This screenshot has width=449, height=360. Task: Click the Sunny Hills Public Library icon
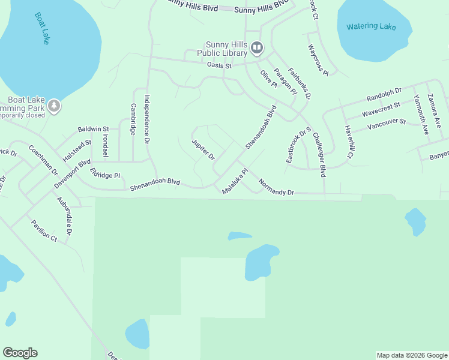point(257,47)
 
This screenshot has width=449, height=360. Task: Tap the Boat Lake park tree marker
point(55,106)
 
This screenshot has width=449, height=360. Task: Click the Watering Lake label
point(371,26)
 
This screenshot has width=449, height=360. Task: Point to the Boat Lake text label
point(41,28)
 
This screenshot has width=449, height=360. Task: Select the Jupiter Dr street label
point(203,149)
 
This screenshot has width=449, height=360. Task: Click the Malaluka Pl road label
point(235,181)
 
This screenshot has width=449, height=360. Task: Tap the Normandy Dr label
point(276,187)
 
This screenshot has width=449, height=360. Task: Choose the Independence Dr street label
point(146,120)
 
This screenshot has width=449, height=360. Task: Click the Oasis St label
point(219,65)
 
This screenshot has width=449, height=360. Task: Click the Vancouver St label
point(387,124)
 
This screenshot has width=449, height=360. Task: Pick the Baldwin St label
point(93,129)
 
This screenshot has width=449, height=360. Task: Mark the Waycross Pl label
point(318,59)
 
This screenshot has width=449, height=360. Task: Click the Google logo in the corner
point(20,353)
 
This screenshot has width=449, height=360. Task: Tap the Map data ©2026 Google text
point(412,355)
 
